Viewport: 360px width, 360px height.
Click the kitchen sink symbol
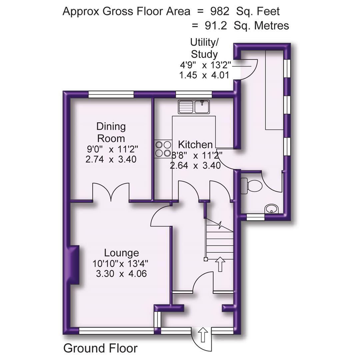point(193,107)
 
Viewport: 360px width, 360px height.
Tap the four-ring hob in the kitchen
point(163,149)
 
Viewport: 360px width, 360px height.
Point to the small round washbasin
point(271,209)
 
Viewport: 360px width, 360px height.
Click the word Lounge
point(121,253)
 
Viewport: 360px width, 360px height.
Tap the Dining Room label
point(111,132)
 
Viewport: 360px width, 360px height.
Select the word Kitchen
point(195,145)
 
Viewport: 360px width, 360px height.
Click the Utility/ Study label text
point(204,48)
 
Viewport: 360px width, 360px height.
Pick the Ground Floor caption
point(100,348)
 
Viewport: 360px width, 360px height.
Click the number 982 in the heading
point(219,11)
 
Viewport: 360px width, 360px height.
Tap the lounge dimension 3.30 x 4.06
point(121,274)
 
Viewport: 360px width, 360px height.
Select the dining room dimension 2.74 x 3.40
point(111,159)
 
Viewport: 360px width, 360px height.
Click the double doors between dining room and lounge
point(111,193)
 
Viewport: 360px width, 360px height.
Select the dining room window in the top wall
point(111,95)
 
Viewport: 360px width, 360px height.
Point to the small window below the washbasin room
point(255,218)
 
